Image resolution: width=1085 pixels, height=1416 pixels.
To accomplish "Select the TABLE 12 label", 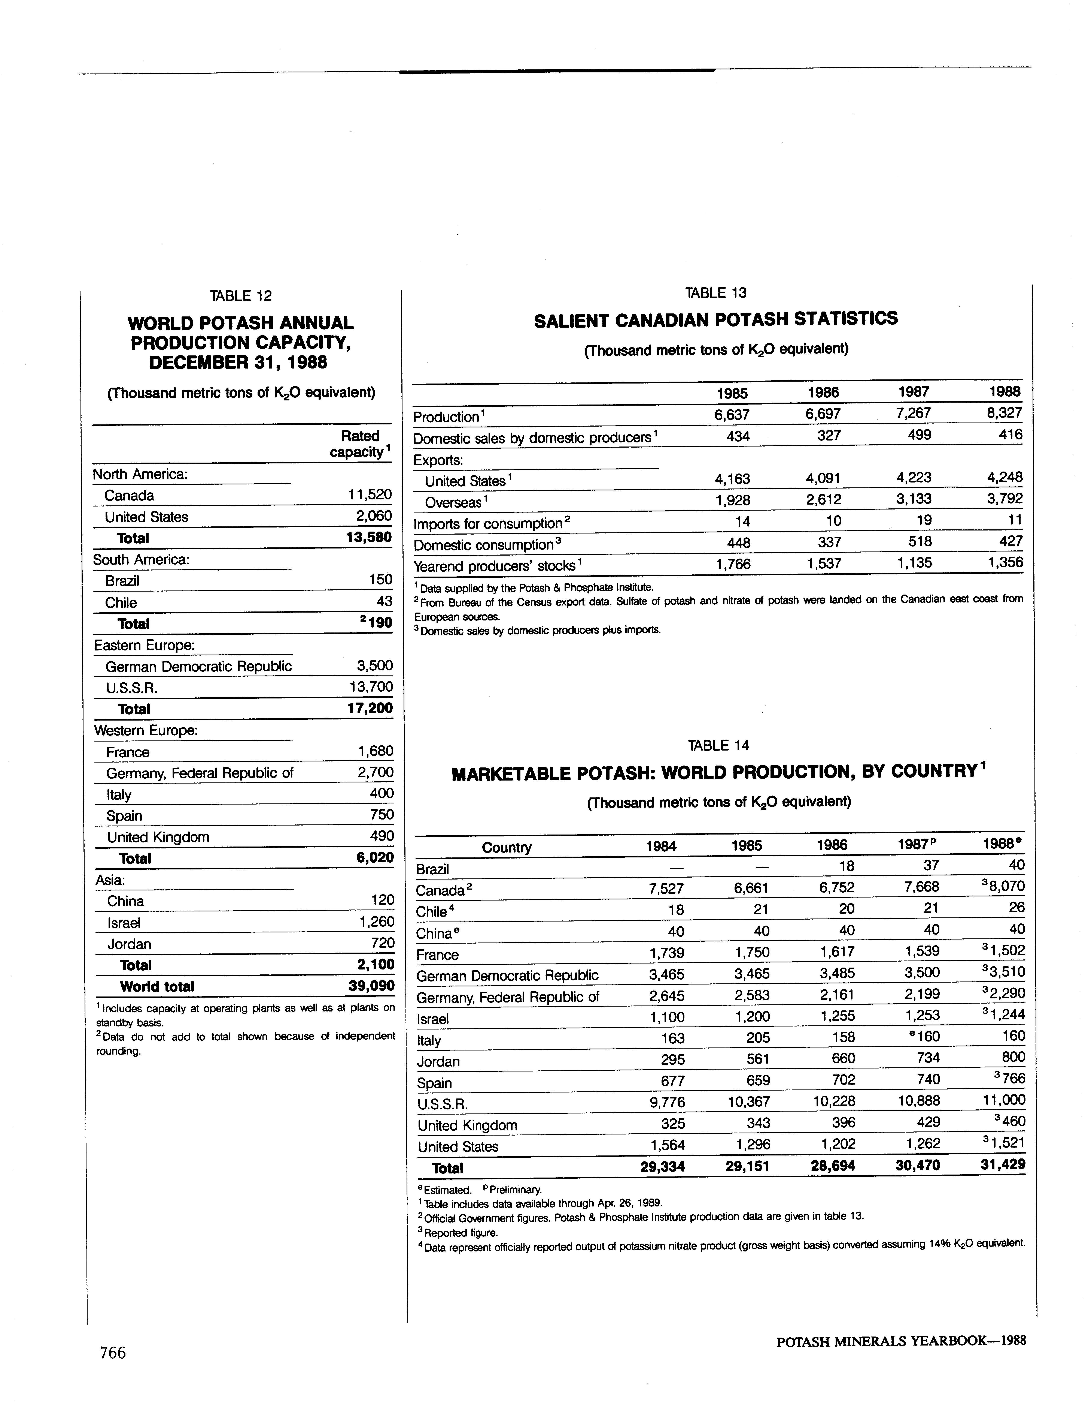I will pos(241,296).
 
